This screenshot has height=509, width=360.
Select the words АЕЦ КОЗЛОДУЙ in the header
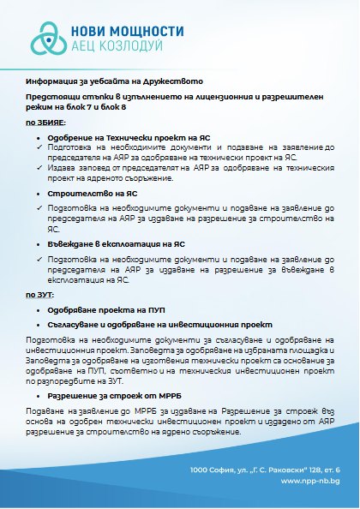coord(123,49)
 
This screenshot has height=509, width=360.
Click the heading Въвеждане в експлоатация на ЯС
coord(115,243)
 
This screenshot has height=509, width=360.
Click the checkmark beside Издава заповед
coord(31,168)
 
